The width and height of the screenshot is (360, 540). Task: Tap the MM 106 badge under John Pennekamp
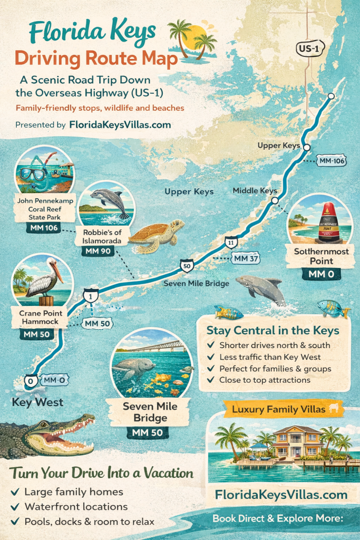pyautogui.click(x=43, y=228)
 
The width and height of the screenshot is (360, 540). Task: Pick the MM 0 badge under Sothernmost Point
pyautogui.click(x=321, y=274)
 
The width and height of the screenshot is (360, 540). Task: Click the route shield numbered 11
pyautogui.click(x=230, y=242)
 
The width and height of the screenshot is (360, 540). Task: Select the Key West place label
pyautogui.click(x=37, y=402)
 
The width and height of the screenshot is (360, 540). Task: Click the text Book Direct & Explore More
pyautogui.click(x=278, y=519)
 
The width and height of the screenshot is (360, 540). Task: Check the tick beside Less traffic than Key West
pyautogui.click(x=211, y=357)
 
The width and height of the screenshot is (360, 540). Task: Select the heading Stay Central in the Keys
pyautogui.click(x=273, y=331)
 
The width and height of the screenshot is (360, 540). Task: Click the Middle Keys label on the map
pyautogui.click(x=255, y=190)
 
